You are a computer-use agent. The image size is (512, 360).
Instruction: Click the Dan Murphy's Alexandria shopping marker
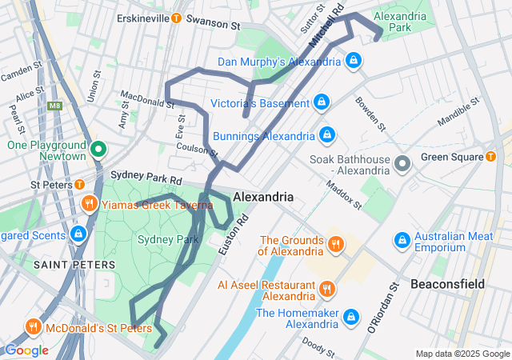(x=354, y=60)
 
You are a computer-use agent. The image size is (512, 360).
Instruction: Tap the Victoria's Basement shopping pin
(x=321, y=102)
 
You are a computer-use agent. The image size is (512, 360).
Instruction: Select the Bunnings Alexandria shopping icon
(x=326, y=134)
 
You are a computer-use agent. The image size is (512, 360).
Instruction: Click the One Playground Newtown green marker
(x=98, y=149)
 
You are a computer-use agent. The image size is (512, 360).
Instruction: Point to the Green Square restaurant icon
(x=490, y=156)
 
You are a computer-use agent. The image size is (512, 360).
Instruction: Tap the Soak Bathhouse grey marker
(x=402, y=163)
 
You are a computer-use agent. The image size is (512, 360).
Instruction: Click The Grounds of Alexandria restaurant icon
(x=336, y=244)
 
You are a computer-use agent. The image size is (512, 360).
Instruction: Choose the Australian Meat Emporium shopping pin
(x=402, y=240)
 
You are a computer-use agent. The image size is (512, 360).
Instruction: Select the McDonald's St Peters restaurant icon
(x=33, y=326)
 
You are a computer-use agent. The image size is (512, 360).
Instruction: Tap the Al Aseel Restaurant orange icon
(x=326, y=289)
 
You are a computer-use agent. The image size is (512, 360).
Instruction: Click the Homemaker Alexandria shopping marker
(x=350, y=317)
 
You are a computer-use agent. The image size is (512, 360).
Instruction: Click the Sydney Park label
(x=167, y=239)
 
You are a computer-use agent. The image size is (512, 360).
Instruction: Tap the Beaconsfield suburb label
(x=447, y=284)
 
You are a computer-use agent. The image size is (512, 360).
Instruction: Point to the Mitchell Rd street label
(x=327, y=26)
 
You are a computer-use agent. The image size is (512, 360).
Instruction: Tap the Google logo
(x=26, y=350)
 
